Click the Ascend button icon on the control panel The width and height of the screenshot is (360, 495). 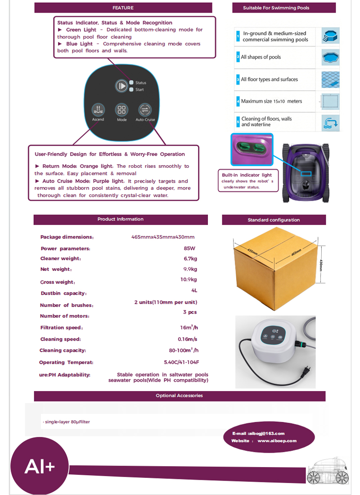(98, 109)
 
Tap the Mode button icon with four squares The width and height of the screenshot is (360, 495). (121, 109)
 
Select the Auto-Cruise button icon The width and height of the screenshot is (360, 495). (145, 109)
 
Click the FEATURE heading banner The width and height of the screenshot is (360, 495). (123, 8)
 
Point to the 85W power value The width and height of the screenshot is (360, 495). (189, 248)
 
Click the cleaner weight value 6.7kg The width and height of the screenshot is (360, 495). (190, 259)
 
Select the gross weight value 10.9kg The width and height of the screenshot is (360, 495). (189, 279)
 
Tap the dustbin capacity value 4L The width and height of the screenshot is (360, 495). (194, 290)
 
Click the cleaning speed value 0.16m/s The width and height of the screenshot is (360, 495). (188, 339)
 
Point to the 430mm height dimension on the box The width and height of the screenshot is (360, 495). (321, 265)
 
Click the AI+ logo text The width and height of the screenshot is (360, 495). (40, 466)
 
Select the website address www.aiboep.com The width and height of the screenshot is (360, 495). (277, 441)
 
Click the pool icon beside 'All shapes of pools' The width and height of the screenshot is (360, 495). (330, 58)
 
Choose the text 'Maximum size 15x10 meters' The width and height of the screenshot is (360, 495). (272, 101)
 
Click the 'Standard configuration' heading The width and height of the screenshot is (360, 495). (274, 220)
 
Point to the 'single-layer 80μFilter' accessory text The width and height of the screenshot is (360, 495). (67, 422)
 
